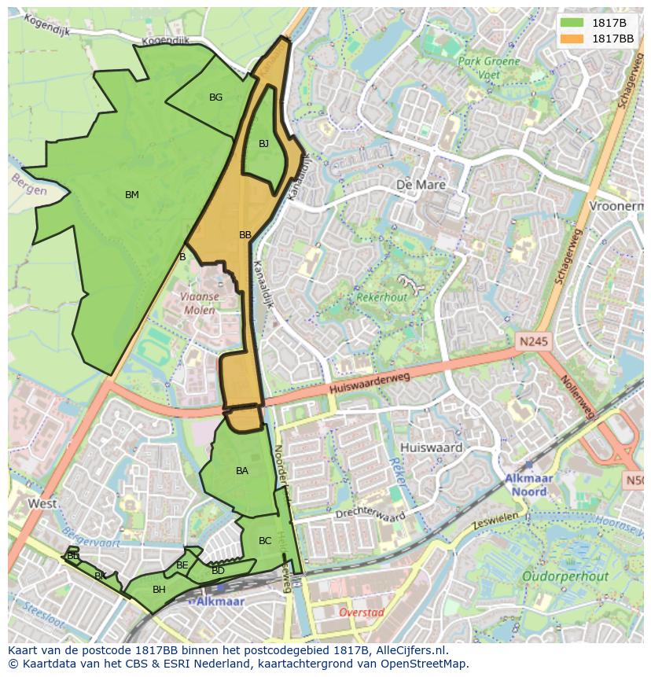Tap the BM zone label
pos(132,195)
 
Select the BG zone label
pos(215,98)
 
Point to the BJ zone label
pos(263,144)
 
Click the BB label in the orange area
pos(245,235)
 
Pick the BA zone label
pos(242,471)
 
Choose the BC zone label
pos(265,541)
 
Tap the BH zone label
pos(159,590)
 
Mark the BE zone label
pos(182,565)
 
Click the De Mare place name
pos(421,186)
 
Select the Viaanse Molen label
pos(199,304)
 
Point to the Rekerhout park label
pos(382,298)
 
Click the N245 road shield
pos(534,342)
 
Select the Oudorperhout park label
pos(565,576)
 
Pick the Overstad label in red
pos(361,612)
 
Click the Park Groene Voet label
pos(489,68)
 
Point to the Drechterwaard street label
pos(370,516)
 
